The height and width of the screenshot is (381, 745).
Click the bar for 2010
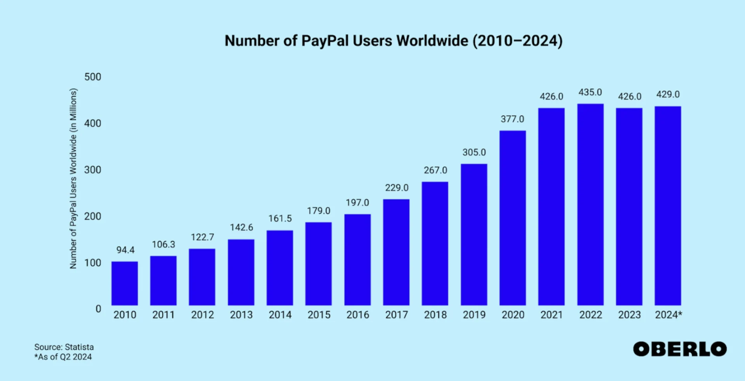click(125, 283)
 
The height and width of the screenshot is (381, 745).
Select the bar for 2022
click(590, 204)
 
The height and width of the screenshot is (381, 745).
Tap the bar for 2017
click(396, 252)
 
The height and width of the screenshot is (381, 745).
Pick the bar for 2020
click(513, 218)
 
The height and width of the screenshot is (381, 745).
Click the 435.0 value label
click(590, 92)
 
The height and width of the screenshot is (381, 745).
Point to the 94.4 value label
click(125, 250)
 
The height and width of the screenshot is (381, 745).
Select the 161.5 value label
click(280, 219)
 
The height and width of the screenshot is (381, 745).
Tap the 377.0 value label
click(512, 119)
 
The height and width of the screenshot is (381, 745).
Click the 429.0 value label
click(668, 95)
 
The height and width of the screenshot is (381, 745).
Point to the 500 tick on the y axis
click(93, 77)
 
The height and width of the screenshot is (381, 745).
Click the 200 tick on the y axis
click(93, 216)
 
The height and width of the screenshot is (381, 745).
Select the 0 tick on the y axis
click(98, 309)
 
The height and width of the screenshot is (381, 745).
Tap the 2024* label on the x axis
click(668, 315)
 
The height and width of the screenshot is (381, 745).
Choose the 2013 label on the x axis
click(241, 315)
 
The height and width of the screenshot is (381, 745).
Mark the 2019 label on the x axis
click(474, 315)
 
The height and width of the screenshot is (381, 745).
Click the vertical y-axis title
click(73, 178)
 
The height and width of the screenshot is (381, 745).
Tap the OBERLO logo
click(679, 349)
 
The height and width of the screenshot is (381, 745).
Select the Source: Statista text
click(64, 347)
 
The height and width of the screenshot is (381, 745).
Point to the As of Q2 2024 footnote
click(63, 357)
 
